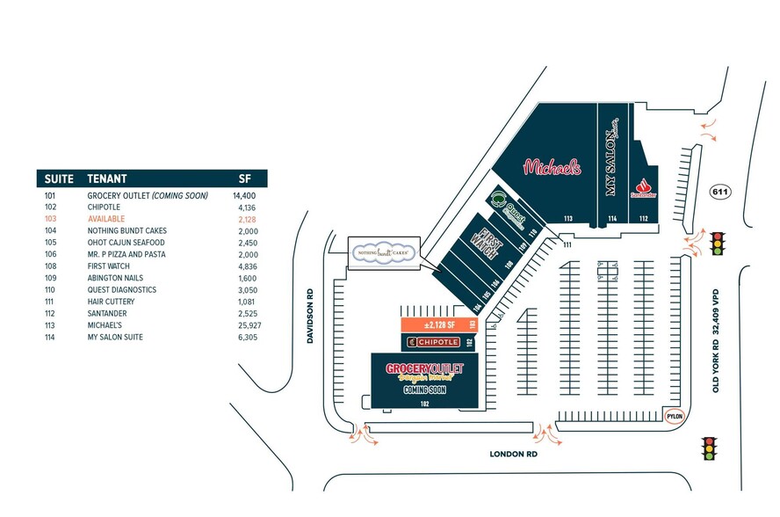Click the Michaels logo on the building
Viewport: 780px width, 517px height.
552,166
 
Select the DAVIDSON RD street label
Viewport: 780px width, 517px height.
310,317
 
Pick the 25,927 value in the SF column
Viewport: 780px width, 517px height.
249,325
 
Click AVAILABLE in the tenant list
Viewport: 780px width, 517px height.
106,218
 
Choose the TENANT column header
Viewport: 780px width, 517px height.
107,178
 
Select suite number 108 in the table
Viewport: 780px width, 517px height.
50,266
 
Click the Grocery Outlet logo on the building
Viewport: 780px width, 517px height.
425,370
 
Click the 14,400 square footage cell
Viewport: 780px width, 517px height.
244,194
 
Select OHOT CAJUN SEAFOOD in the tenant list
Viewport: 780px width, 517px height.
126,242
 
